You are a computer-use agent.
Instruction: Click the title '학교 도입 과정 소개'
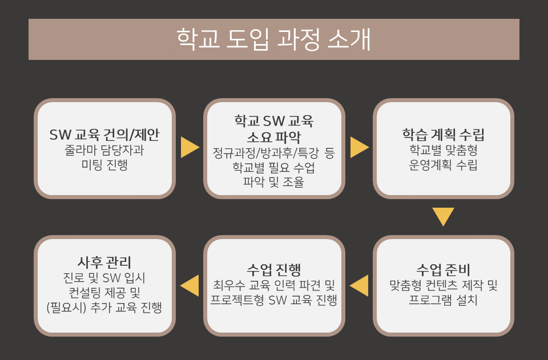(273, 39)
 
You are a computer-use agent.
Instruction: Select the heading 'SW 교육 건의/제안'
(104, 135)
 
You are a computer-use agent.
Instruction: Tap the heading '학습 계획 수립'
(443, 135)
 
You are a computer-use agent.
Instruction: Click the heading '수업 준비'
(443, 269)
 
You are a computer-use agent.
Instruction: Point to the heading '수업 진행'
(273, 269)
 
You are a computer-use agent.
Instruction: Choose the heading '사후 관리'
(104, 262)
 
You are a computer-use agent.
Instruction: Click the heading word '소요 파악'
(273, 137)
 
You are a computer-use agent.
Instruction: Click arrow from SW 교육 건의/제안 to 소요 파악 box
(190, 147)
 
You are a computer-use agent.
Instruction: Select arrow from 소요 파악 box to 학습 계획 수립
(360, 147)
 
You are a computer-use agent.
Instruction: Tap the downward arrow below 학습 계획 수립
(443, 217)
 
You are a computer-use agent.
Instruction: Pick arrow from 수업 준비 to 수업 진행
(359, 286)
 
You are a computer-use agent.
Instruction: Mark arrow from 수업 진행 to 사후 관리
(190, 286)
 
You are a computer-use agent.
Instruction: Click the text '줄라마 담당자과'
(104, 151)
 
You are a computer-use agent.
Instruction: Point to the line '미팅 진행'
(104, 165)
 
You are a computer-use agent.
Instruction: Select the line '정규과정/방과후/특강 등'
(273, 153)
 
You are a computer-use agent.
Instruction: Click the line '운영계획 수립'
(443, 165)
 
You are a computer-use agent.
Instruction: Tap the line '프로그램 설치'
(443, 300)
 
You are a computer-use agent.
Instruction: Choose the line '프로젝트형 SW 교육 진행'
(273, 300)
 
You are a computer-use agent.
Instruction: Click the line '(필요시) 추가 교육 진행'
(104, 308)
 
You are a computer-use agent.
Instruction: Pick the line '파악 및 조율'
(273, 182)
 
